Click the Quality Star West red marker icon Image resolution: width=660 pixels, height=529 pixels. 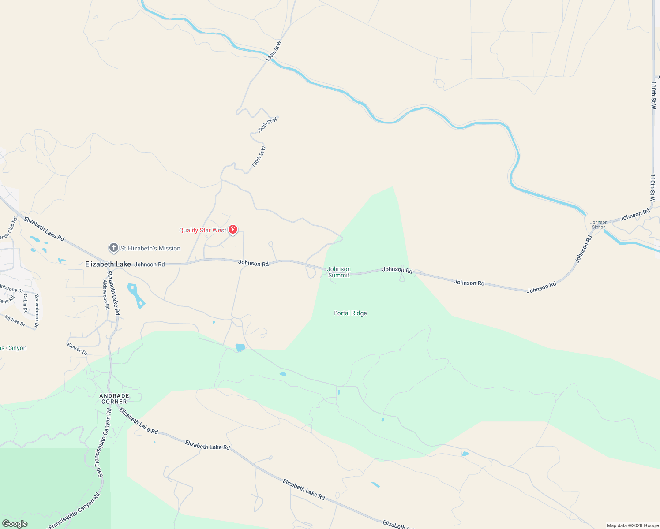(x=233, y=230)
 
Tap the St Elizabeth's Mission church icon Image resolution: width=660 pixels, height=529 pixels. (x=114, y=248)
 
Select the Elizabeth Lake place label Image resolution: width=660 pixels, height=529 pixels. (x=108, y=264)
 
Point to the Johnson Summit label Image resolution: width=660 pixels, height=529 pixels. (x=339, y=272)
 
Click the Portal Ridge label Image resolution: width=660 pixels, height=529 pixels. (x=350, y=313)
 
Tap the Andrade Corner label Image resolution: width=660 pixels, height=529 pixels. (x=114, y=399)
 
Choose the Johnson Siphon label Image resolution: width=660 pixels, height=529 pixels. (x=599, y=225)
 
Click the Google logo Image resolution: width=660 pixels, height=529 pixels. (x=15, y=524)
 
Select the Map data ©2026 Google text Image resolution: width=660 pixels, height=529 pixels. (x=633, y=525)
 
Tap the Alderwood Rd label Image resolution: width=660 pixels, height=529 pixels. (x=106, y=294)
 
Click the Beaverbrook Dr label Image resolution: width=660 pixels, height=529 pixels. (x=37, y=311)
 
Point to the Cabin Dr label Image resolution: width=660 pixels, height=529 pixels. (x=26, y=303)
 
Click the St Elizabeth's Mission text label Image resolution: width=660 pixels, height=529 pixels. (x=150, y=249)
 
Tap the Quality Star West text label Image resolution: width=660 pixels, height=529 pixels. (x=202, y=230)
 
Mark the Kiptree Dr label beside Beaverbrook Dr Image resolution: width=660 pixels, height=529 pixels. (x=15, y=320)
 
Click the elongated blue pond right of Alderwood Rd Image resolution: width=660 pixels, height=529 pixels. (x=136, y=296)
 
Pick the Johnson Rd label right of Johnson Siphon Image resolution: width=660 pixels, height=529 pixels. (x=635, y=215)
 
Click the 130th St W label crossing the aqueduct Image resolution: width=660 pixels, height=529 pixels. (x=274, y=51)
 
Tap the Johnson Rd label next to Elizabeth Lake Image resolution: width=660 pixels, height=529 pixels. (x=150, y=264)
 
